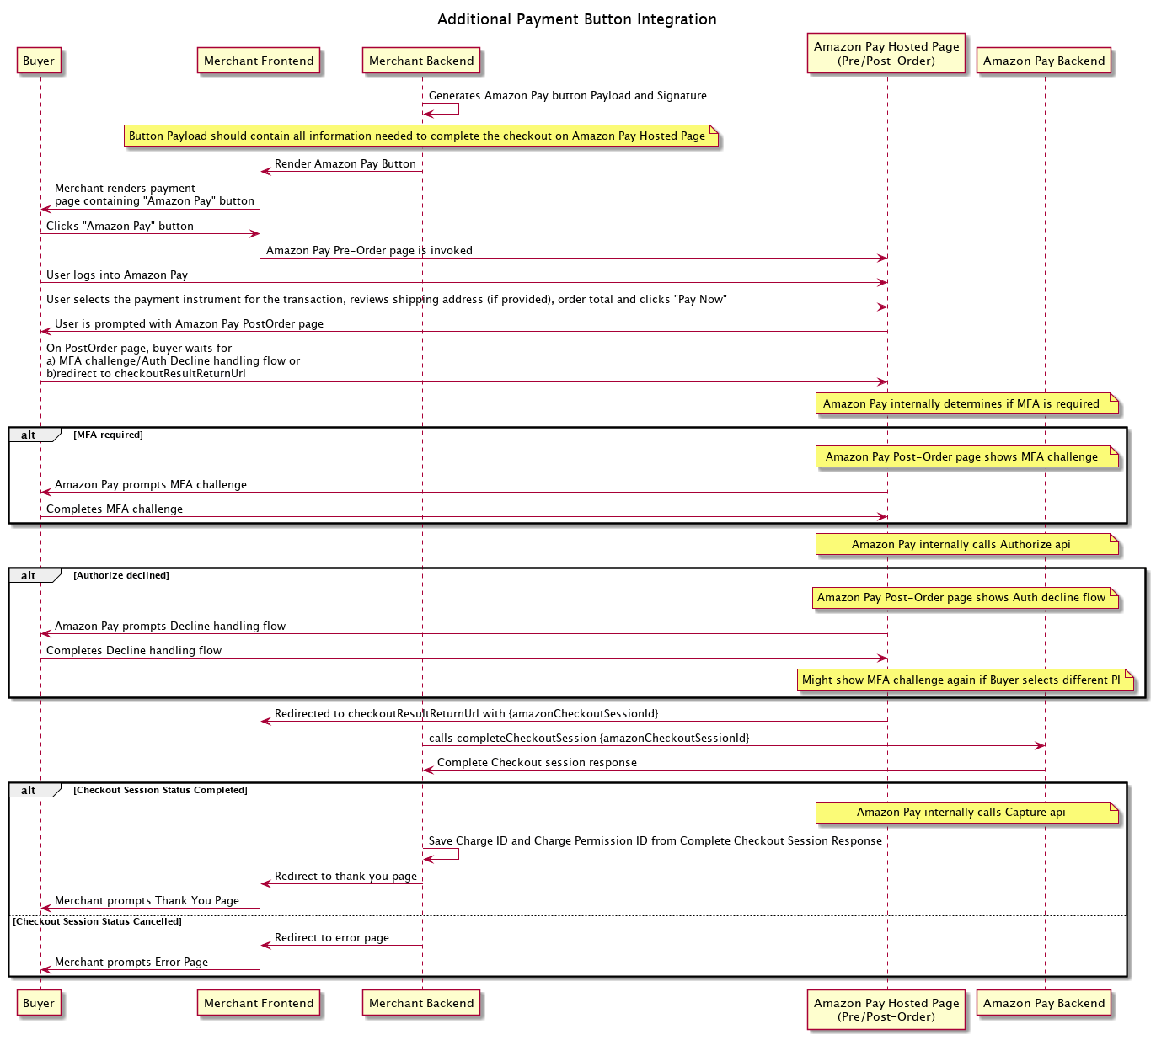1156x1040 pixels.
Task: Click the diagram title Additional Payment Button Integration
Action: (x=577, y=19)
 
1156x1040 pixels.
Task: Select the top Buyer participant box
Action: (x=39, y=61)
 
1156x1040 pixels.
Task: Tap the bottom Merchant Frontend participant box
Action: (x=259, y=1003)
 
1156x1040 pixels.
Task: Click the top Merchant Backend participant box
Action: (x=421, y=61)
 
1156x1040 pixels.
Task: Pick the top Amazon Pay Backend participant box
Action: (x=1044, y=61)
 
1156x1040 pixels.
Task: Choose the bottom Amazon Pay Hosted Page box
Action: (x=886, y=1009)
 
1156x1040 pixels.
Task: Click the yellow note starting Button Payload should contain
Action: (x=417, y=136)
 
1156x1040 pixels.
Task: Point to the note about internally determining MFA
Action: (x=961, y=403)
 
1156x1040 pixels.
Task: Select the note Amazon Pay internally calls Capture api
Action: (x=961, y=812)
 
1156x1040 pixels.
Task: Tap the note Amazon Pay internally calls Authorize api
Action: (x=961, y=544)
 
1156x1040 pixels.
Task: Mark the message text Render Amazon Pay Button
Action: (x=345, y=163)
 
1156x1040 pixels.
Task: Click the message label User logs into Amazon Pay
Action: (x=117, y=275)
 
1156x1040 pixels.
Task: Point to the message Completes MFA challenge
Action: (x=115, y=509)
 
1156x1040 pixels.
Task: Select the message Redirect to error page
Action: (x=332, y=937)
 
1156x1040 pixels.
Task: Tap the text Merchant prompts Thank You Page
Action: (x=147, y=900)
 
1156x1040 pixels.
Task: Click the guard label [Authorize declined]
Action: (x=121, y=575)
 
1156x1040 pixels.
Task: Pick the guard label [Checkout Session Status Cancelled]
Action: (x=98, y=921)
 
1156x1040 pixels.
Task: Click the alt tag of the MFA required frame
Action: (x=29, y=435)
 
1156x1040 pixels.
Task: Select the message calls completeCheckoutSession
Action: (x=589, y=738)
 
